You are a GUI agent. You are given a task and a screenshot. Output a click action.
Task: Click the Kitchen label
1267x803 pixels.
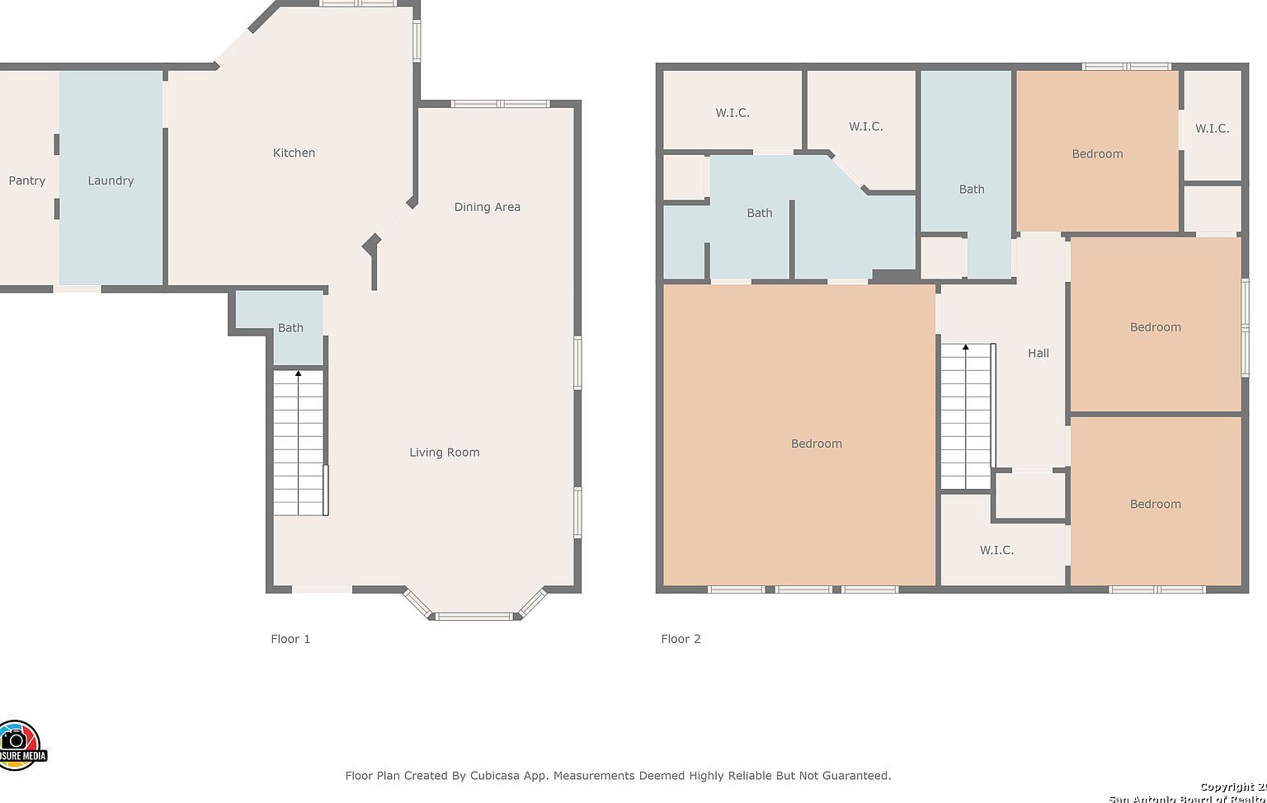(294, 153)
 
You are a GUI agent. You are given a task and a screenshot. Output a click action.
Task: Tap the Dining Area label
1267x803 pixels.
(487, 207)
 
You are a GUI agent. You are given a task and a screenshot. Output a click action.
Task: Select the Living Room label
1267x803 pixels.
(444, 452)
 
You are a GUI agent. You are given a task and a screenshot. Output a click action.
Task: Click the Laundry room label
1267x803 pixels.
(111, 181)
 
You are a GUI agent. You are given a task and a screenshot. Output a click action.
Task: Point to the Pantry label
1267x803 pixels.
(26, 181)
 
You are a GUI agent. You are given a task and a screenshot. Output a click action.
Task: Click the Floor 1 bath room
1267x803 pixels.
(290, 327)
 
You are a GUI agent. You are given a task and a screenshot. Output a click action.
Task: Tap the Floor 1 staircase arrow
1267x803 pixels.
(298, 374)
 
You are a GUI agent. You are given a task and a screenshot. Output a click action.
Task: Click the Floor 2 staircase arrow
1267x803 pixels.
(965, 348)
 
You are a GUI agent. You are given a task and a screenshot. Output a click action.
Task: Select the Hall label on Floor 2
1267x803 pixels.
(1038, 353)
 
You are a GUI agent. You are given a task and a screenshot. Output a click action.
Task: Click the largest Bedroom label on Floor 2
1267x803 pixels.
(816, 444)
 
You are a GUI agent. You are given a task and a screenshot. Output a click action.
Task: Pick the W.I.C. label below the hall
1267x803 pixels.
(996, 550)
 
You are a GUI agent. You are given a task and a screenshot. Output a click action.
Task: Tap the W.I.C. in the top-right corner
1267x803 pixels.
(1212, 129)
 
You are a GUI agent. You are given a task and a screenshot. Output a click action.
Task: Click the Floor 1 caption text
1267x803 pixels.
(290, 639)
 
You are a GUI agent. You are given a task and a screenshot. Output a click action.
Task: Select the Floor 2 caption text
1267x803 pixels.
(681, 639)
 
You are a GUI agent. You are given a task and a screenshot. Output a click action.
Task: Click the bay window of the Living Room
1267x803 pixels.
(474, 615)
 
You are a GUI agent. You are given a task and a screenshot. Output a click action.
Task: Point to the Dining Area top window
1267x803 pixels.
(500, 104)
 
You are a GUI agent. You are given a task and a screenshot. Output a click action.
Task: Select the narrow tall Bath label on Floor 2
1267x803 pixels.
(971, 190)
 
